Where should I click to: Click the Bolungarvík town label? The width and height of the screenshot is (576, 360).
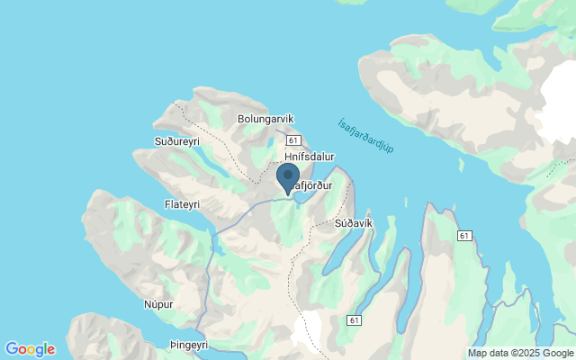pyautogui.click(x=267, y=118)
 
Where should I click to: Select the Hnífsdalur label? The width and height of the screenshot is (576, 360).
pyautogui.click(x=309, y=156)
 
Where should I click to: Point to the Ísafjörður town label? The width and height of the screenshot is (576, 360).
pyautogui.click(x=311, y=185)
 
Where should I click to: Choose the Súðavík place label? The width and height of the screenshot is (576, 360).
pyautogui.click(x=353, y=222)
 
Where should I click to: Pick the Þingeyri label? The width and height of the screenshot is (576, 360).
pyautogui.click(x=187, y=345)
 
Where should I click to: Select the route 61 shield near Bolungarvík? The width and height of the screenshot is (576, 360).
pyautogui.click(x=293, y=140)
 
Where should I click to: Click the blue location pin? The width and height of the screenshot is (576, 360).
pyautogui.click(x=288, y=177)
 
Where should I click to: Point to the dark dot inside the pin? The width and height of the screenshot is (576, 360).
pyautogui.click(x=288, y=175)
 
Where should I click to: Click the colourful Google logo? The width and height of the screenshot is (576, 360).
pyautogui.click(x=30, y=349)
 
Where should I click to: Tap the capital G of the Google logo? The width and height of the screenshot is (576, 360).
pyautogui.click(x=11, y=348)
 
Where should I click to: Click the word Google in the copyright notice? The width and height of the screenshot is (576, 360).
pyautogui.click(x=559, y=353)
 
